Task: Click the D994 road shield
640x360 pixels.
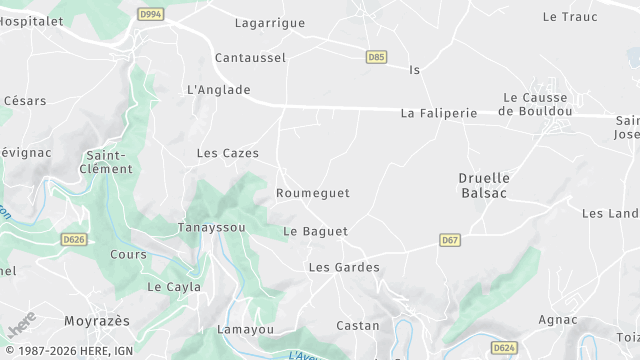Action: tap(151, 14)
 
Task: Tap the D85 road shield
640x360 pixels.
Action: tap(376, 58)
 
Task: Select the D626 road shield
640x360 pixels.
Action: tap(73, 240)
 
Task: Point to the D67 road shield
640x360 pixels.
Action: tap(450, 240)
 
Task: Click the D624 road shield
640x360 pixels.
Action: tap(505, 347)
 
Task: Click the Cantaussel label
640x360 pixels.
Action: tap(250, 58)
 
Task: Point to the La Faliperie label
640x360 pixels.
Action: tap(439, 114)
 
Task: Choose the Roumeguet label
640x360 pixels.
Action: tap(313, 193)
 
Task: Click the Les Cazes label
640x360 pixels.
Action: tap(228, 154)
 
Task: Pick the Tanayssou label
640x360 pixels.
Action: tap(212, 227)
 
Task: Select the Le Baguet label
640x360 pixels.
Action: tap(315, 232)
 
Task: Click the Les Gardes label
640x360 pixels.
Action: tap(344, 268)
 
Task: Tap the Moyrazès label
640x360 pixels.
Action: tap(97, 321)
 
